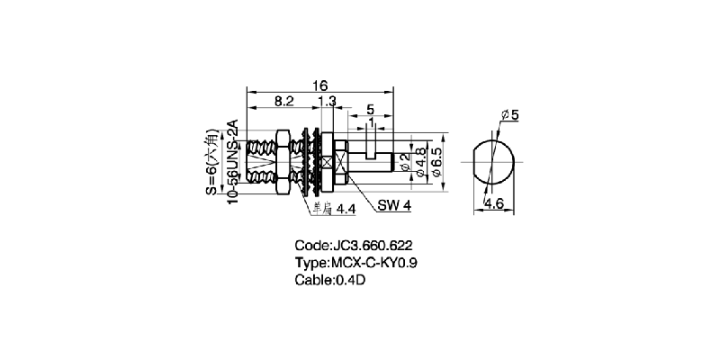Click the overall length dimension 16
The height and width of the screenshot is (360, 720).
pyautogui.click(x=319, y=85)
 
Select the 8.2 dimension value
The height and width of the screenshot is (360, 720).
pyautogui.click(x=283, y=102)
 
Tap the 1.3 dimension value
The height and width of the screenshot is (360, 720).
pyautogui.click(x=328, y=102)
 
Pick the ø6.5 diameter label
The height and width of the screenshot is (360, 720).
pyautogui.click(x=436, y=162)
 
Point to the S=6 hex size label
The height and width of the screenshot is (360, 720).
pyautogui.click(x=211, y=162)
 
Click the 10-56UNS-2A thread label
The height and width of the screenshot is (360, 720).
pyautogui.click(x=232, y=162)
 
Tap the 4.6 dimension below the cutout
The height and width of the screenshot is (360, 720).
pyautogui.click(x=492, y=205)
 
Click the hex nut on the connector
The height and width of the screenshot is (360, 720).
pyautogui.click(x=279, y=162)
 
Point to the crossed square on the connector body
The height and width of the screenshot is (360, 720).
pyautogui.click(x=343, y=163)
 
